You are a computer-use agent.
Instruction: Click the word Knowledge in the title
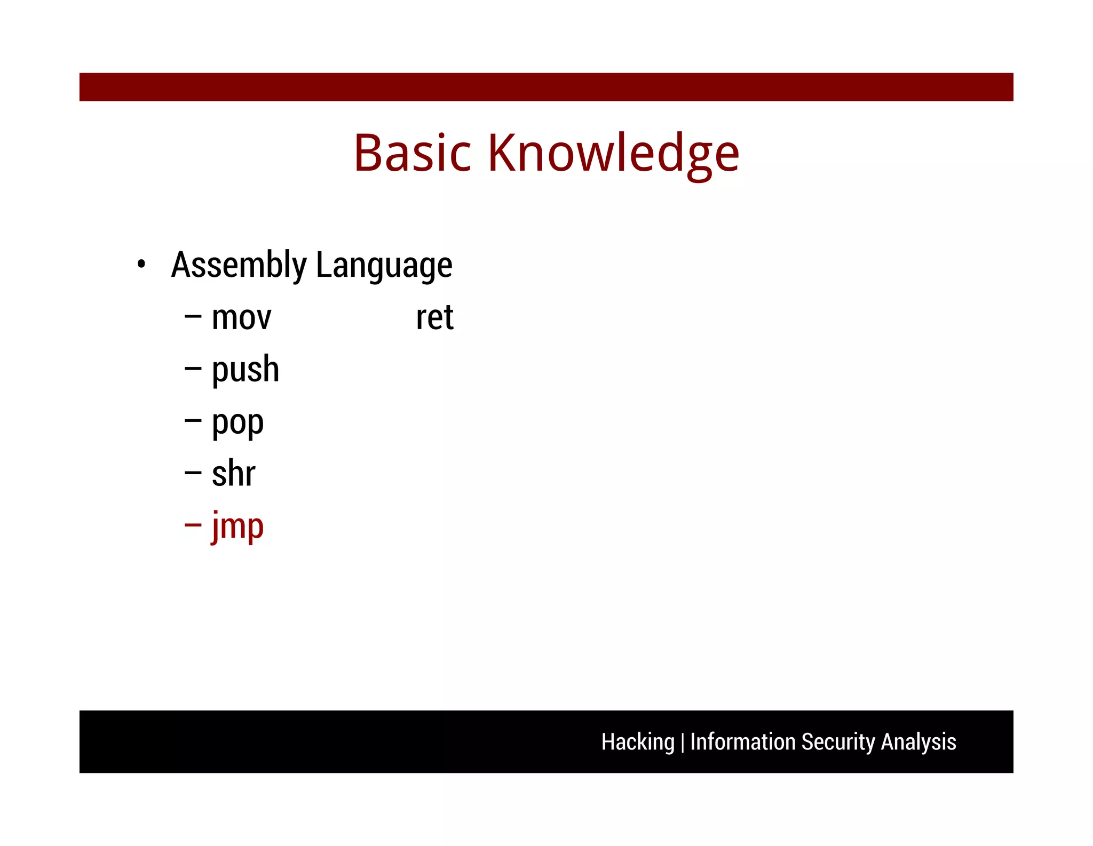pos(613,153)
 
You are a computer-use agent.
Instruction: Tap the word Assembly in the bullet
pos(239,265)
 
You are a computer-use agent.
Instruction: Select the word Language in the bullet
pos(384,265)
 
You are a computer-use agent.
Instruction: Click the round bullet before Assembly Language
pos(141,264)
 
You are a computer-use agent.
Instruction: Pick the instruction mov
pos(241,318)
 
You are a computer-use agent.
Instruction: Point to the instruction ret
pos(434,318)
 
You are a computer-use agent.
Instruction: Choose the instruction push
pos(245,369)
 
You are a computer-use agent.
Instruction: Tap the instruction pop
pos(237,423)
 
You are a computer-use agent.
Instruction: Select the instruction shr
pos(233,474)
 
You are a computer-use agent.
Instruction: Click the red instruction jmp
pos(237,526)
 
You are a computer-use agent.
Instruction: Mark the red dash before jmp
pos(193,525)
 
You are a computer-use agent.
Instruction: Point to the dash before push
pos(193,369)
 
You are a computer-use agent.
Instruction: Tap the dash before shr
pos(193,473)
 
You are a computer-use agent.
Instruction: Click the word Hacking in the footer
pos(638,742)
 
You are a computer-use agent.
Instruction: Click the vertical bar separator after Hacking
pos(682,743)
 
